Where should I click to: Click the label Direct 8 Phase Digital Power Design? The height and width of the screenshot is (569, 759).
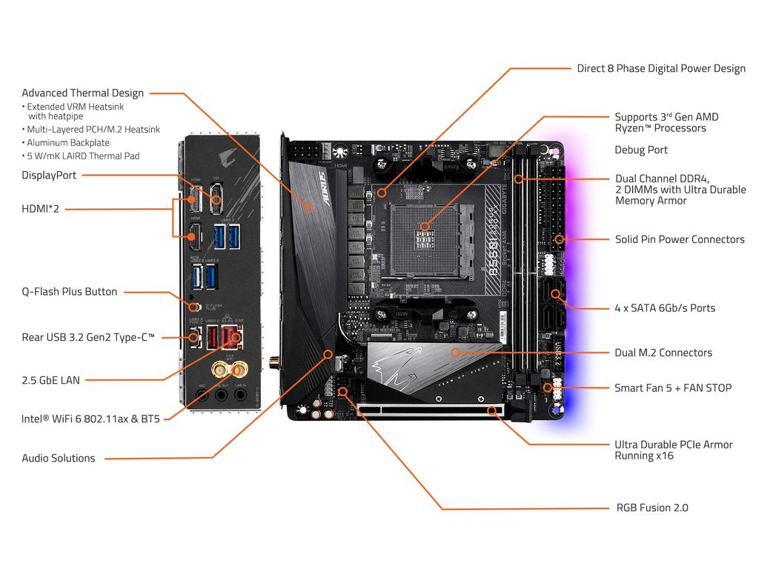[661, 69]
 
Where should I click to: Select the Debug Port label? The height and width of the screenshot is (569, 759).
[640, 150]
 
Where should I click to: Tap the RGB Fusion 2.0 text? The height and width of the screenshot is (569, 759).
[652, 508]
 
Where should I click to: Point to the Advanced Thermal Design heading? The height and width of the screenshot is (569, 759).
[82, 93]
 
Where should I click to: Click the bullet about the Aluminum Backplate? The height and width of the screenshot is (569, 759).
[68, 142]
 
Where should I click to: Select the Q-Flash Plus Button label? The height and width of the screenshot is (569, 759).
[69, 291]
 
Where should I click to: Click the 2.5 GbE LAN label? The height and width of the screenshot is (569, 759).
[50, 380]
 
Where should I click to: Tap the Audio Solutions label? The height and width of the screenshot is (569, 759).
[59, 458]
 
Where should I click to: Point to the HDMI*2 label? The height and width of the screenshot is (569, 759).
[41, 209]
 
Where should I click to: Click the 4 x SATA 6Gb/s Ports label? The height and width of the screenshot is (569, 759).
[665, 307]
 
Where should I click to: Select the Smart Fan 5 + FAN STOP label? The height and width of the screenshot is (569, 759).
[672, 387]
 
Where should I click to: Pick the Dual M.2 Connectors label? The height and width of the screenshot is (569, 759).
[663, 353]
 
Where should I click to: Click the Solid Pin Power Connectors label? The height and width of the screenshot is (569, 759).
[680, 239]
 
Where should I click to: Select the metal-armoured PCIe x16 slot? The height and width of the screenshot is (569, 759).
[430, 409]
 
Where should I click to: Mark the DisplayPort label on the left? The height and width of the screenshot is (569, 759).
[49, 175]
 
